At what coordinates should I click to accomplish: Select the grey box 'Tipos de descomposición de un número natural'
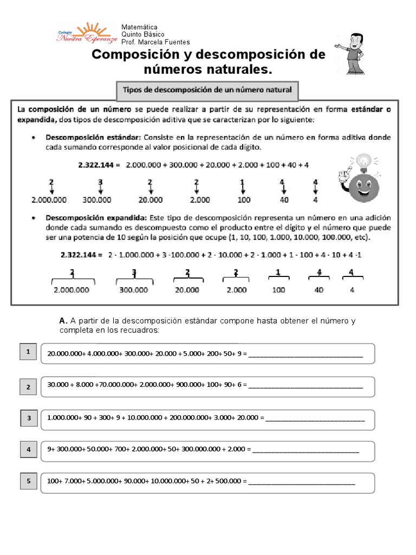(x=207, y=91)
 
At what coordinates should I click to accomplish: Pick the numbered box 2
(x=28, y=386)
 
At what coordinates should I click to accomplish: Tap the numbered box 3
(x=28, y=418)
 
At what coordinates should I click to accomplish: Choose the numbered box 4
(x=28, y=449)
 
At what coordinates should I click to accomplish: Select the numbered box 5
(x=28, y=481)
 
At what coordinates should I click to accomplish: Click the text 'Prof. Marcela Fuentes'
(x=155, y=42)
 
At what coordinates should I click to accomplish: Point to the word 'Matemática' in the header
(x=139, y=27)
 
